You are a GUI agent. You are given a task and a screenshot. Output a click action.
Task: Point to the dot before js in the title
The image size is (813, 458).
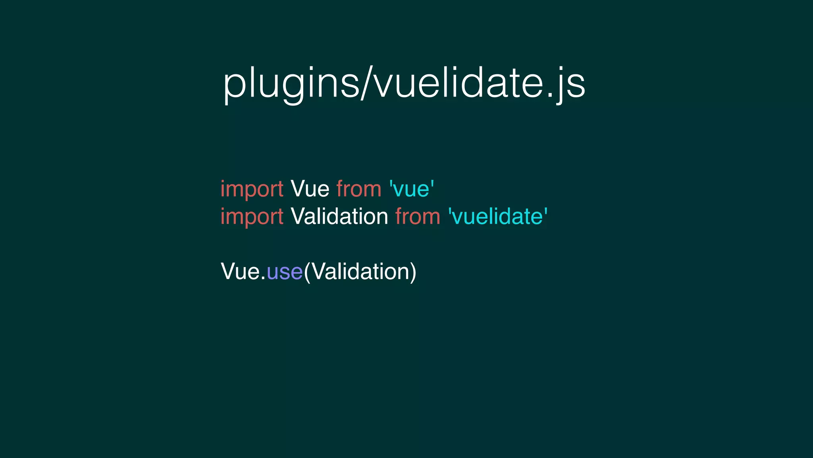[550, 96]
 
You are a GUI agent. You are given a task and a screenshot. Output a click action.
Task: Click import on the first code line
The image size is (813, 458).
[252, 189]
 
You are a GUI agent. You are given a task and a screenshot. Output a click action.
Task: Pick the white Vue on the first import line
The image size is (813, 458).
[310, 189]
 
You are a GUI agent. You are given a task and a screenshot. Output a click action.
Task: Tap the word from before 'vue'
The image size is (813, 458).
[359, 189]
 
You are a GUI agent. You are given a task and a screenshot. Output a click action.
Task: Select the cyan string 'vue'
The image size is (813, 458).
[412, 189]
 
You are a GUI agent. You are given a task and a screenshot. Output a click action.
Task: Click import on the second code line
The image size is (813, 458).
[252, 217]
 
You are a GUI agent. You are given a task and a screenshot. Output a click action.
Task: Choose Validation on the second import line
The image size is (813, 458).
[339, 217]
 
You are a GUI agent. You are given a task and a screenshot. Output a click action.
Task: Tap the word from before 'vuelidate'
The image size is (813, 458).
[418, 217]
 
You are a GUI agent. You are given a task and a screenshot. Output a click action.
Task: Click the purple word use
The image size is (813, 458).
[285, 272]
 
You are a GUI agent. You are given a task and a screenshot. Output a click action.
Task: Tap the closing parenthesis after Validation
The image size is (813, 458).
[413, 272]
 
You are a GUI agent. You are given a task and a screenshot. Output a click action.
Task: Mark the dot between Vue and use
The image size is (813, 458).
[263, 279]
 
